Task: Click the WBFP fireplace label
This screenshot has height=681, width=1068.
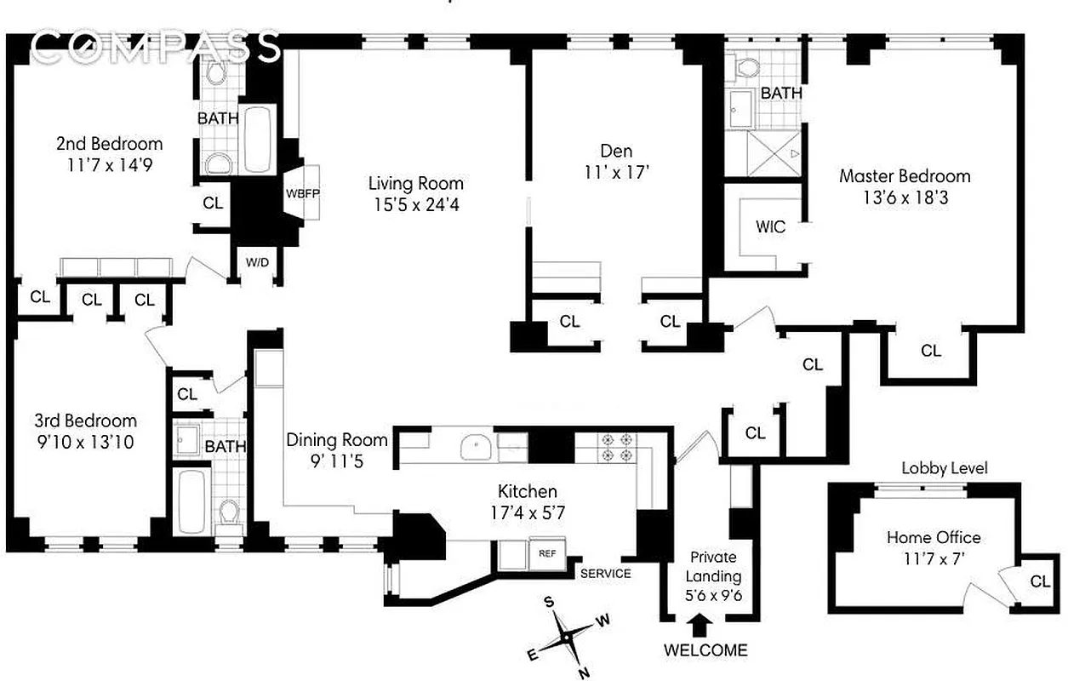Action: [x=302, y=192]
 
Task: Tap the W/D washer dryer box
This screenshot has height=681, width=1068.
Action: [x=257, y=262]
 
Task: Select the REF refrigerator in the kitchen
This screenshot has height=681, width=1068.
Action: [x=546, y=552]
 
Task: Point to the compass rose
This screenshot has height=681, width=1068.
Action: [x=566, y=638]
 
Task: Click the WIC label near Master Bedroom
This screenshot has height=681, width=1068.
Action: [x=770, y=227]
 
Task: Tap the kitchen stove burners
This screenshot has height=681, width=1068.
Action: [x=616, y=447]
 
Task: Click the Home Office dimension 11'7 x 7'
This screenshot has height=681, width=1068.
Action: [x=934, y=558]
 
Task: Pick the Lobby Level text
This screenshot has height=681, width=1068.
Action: [x=945, y=468]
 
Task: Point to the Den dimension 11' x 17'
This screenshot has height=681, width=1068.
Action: [x=616, y=172]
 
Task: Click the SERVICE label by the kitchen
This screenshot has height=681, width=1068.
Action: [x=605, y=573]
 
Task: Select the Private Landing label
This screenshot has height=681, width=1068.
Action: [x=714, y=567]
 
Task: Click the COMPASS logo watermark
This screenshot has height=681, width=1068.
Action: [x=158, y=48]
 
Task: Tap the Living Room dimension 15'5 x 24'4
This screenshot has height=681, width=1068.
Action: [x=415, y=204]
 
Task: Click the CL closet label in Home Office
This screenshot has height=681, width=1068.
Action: [x=1040, y=581]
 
